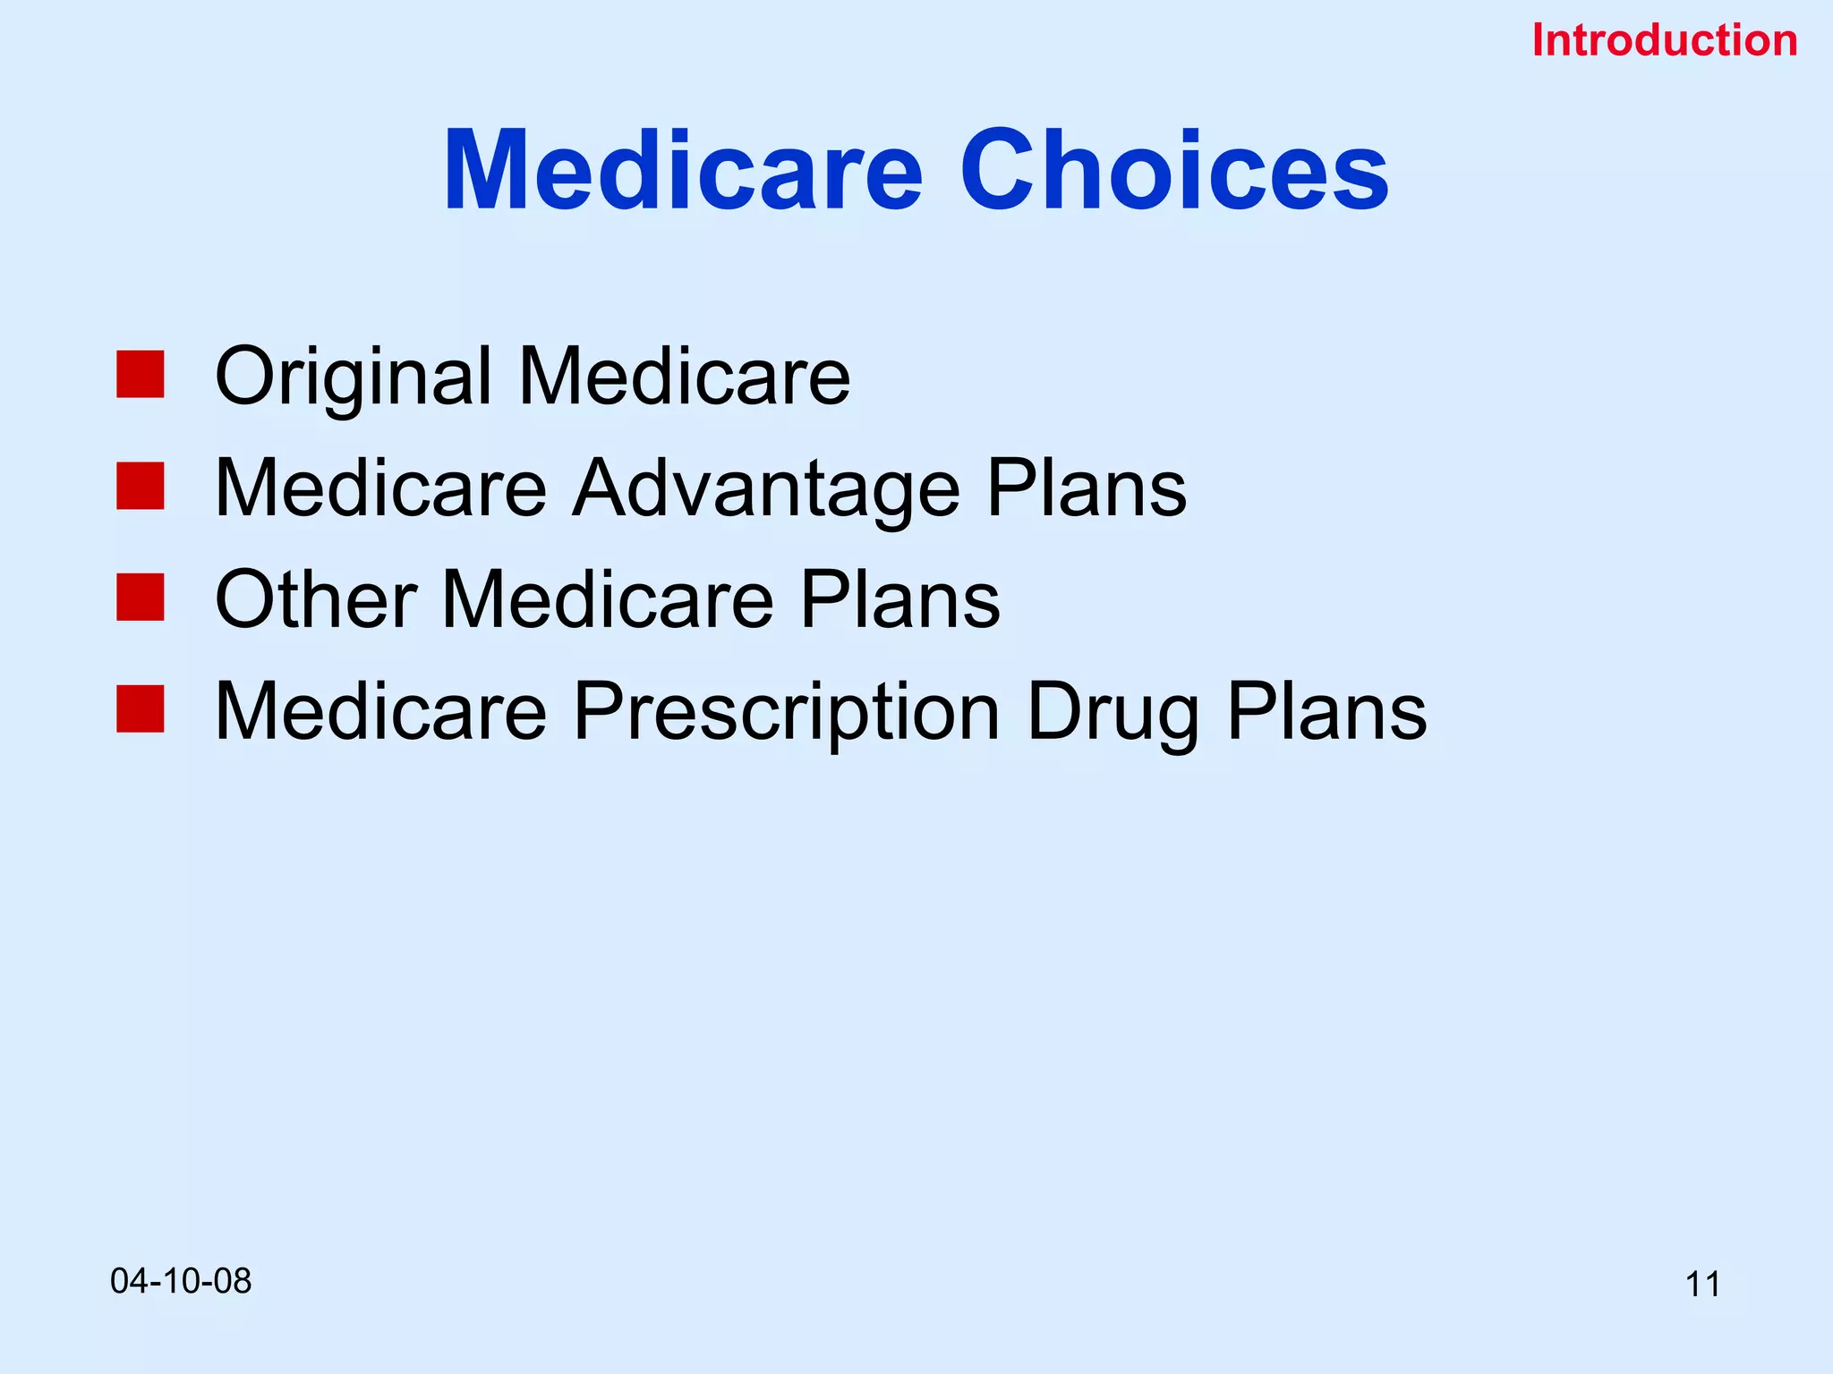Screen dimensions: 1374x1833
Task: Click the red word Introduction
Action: pos(1664,41)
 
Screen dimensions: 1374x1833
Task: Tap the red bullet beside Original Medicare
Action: pos(141,374)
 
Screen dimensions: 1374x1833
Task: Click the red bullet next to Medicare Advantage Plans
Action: pos(141,486)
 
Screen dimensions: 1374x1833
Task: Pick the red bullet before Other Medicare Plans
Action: pos(141,598)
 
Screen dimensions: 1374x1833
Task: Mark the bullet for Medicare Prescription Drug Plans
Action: pos(141,709)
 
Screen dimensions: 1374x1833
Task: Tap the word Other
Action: pos(315,600)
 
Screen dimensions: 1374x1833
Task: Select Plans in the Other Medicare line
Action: pos(899,600)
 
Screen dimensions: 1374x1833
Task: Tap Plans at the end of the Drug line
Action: pos(1326,712)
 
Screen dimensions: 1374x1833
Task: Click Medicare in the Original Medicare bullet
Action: pos(684,377)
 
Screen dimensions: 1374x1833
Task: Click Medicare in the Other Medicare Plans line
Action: pos(608,600)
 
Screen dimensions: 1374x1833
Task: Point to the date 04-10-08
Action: pos(181,1281)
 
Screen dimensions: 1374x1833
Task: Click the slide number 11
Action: pos(1702,1285)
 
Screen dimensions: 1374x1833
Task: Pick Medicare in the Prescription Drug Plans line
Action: pos(380,712)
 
